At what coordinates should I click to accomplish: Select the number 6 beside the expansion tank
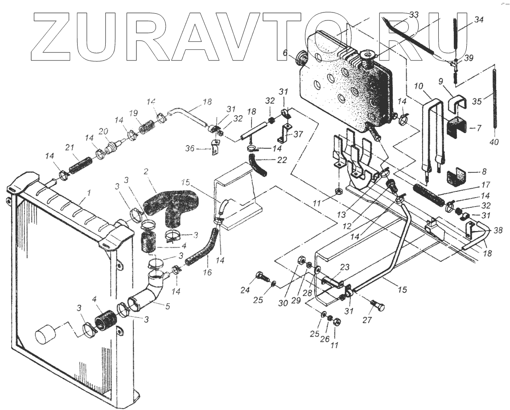point(284,53)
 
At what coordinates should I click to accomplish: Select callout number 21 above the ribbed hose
point(70,147)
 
